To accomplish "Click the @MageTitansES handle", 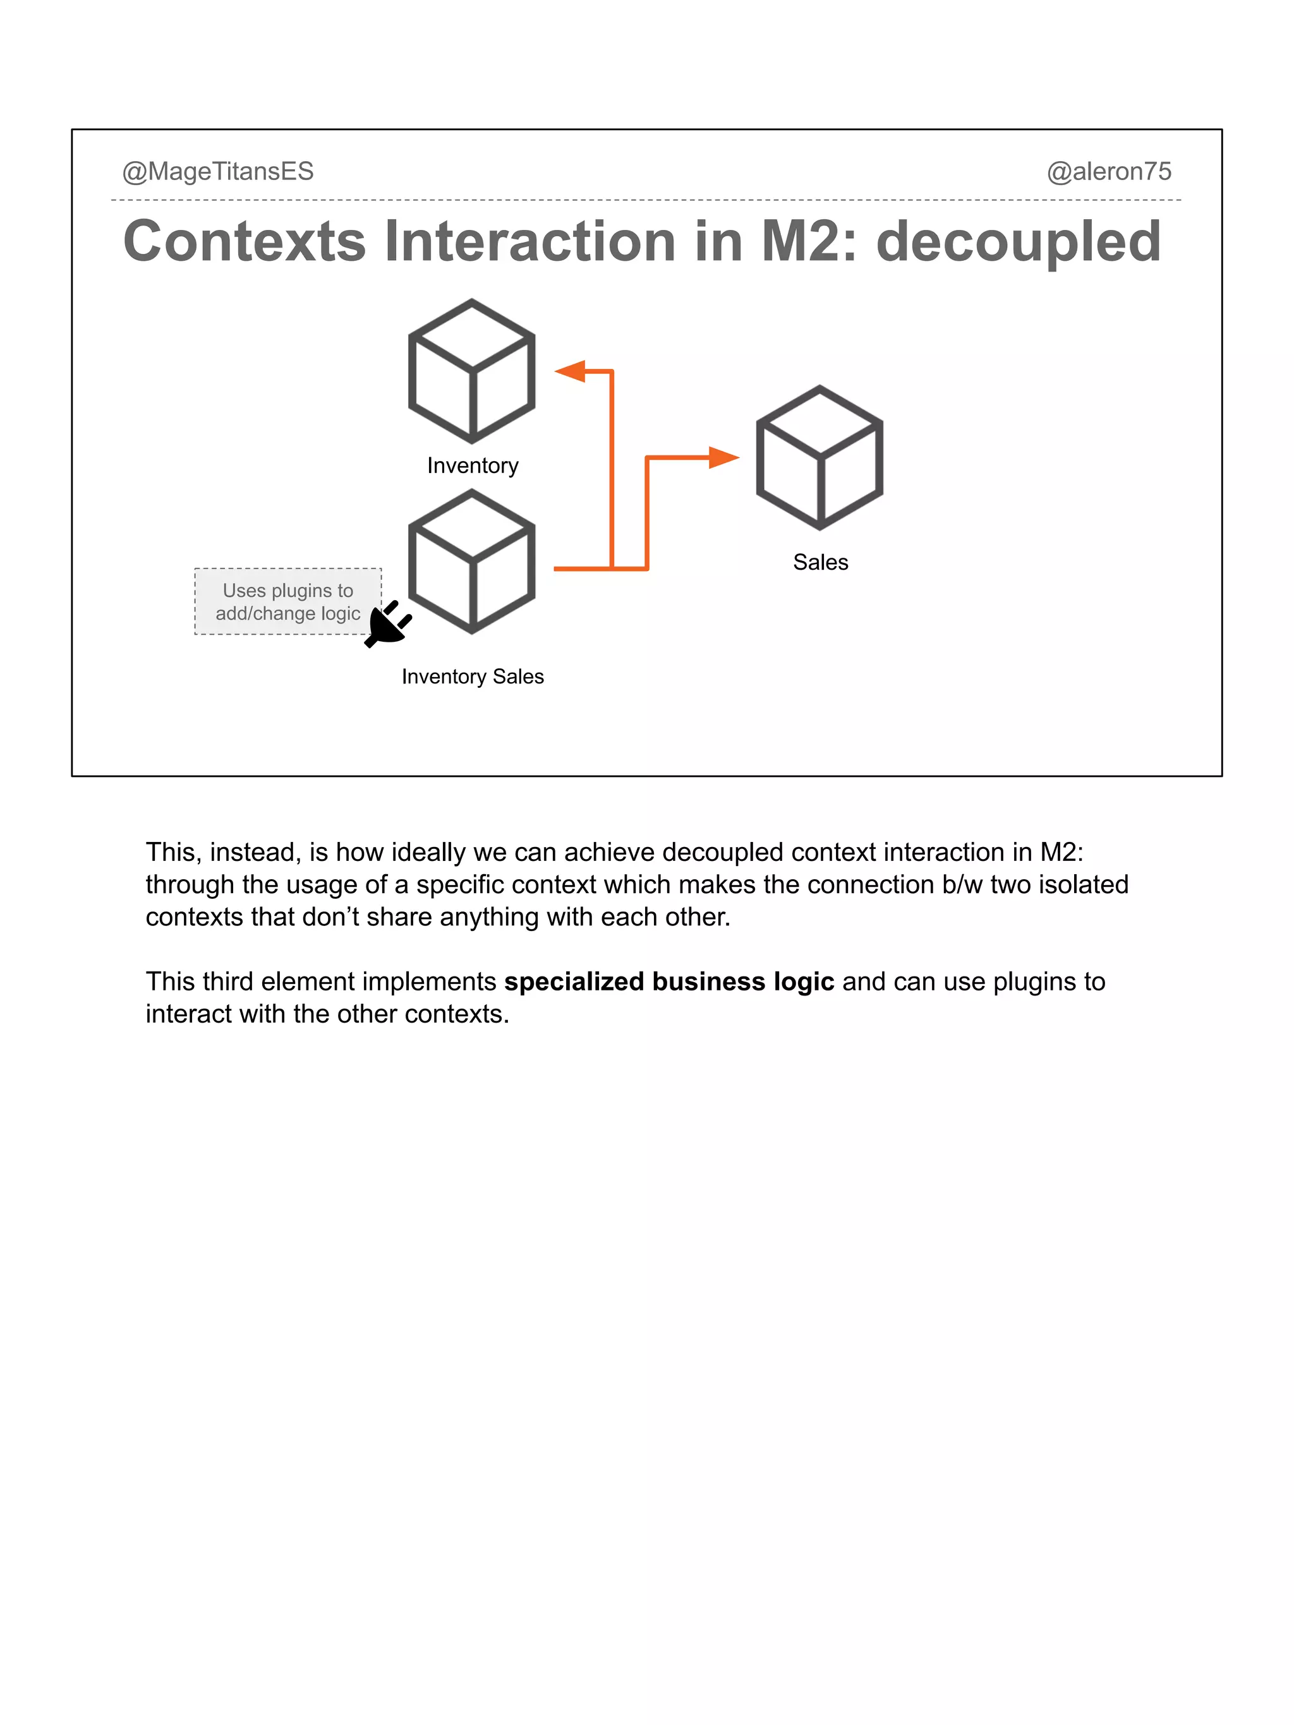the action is (x=217, y=172).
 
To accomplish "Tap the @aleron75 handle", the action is (x=1108, y=172).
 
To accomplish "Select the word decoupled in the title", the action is (x=1018, y=242).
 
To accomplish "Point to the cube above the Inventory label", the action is (x=472, y=371).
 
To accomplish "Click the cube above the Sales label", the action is (x=819, y=458).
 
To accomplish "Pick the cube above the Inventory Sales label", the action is (x=472, y=562).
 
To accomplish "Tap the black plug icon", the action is (x=388, y=624).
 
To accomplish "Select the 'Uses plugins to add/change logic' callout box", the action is (x=288, y=601).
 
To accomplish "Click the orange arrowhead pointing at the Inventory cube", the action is (x=571, y=371).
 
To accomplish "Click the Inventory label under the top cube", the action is (x=473, y=466).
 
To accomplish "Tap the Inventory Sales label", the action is (x=473, y=677).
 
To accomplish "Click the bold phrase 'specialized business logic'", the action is (x=668, y=981).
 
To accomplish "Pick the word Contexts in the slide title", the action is (x=244, y=242).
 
